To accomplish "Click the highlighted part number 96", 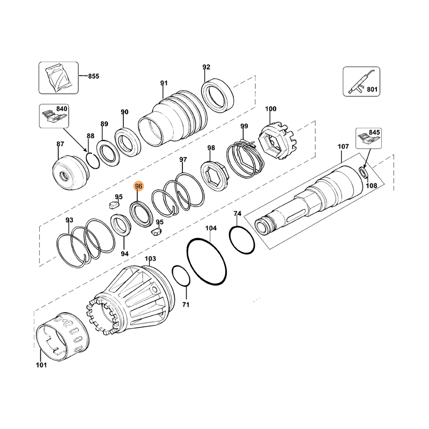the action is pyautogui.click(x=139, y=186).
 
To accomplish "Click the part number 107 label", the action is pyautogui.click(x=343, y=146).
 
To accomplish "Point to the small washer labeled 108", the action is pyautogui.click(x=364, y=172).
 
